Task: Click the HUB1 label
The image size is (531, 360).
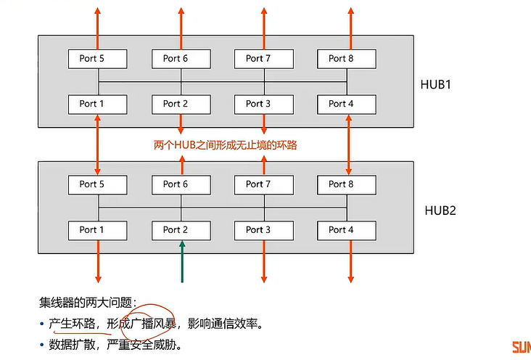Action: (x=436, y=84)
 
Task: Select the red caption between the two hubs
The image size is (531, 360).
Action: (x=226, y=145)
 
